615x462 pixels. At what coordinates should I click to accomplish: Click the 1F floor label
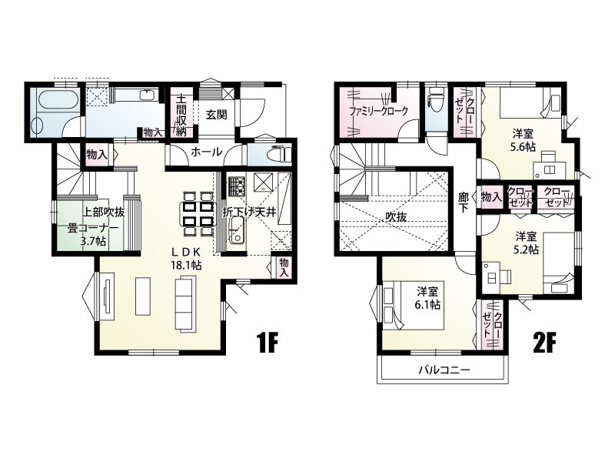point(267,342)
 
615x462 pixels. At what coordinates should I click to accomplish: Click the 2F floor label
point(545,342)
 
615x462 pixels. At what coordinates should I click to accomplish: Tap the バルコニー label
point(444,370)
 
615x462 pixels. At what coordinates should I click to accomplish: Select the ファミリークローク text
point(378,110)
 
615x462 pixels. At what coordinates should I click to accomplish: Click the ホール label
point(206,152)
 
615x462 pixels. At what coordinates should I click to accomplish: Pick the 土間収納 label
point(181,115)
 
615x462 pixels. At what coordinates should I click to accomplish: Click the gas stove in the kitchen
point(236,185)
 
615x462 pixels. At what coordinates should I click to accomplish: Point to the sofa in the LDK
point(186,303)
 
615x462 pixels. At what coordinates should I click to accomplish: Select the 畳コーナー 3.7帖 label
point(92,234)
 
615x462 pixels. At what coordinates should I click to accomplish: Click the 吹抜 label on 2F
point(396,216)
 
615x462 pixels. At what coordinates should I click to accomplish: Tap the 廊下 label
point(464,202)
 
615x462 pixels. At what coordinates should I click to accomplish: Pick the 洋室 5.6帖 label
point(523,140)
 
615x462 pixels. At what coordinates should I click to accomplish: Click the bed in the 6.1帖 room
point(413,305)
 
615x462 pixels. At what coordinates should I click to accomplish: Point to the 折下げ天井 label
point(249,213)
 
